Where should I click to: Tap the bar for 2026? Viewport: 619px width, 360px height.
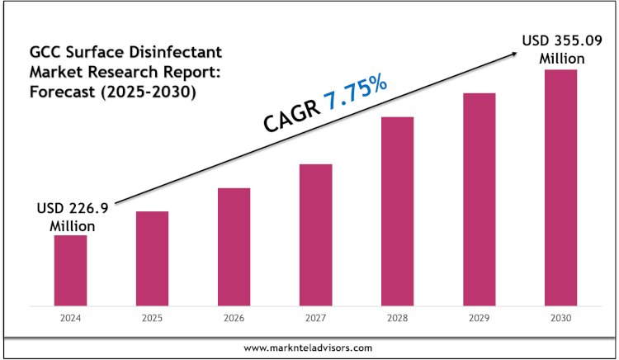click(x=234, y=245)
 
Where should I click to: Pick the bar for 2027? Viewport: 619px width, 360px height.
click(x=315, y=233)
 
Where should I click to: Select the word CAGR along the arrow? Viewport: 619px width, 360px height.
click(x=291, y=116)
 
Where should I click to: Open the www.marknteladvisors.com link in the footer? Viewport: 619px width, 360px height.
click(x=309, y=348)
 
